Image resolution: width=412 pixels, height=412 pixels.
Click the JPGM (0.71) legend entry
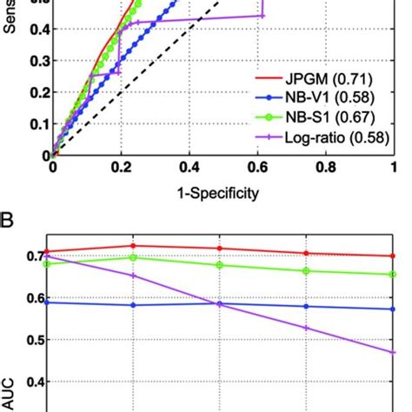coord(322,77)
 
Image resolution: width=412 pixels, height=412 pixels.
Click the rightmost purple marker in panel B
coord(393,352)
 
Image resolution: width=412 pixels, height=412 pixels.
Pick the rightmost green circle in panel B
coord(393,275)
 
